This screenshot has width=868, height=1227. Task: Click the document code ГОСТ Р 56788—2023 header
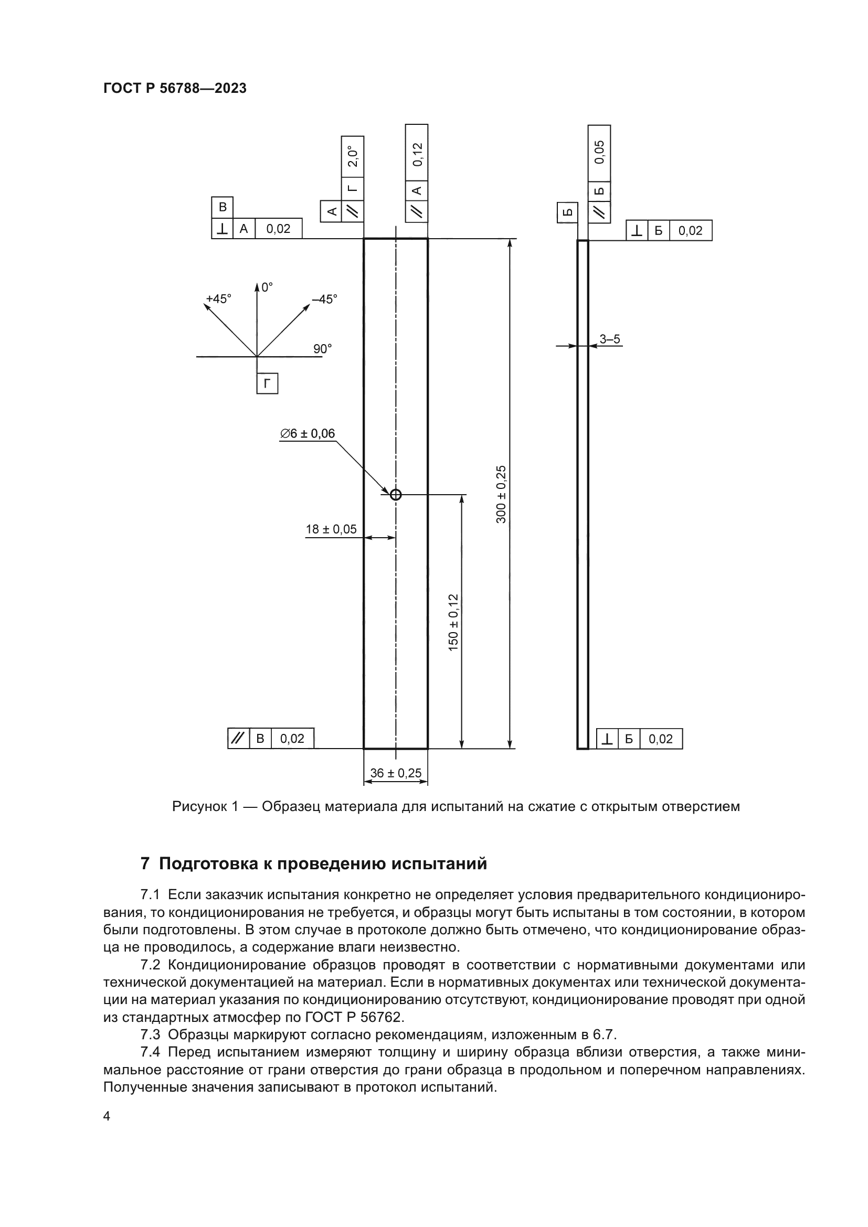pos(175,88)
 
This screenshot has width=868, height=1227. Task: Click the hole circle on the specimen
pos(396,495)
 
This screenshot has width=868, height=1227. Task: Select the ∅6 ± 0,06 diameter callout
pos(308,433)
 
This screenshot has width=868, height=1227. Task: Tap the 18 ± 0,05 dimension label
pos(331,529)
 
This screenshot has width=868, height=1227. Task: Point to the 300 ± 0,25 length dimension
pos(501,494)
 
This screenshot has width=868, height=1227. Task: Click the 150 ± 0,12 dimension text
pos(453,622)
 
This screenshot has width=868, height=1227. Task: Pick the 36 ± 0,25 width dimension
pos(396,773)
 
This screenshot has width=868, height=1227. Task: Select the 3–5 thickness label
pos(609,339)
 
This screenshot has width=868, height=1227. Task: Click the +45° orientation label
pos(219,298)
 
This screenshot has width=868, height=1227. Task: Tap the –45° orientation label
pos(325,298)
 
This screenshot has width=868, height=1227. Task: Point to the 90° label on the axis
pos(322,349)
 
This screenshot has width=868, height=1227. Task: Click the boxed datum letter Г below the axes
pos(267,383)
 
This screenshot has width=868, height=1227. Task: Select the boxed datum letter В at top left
pos(223,207)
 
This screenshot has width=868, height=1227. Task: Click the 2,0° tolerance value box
pos(352,156)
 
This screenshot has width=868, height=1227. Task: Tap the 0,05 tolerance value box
pos(599,152)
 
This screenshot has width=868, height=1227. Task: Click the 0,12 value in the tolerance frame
pos(417,154)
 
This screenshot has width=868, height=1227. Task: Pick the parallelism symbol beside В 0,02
pos(238,739)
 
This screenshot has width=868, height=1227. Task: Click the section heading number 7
pos(145,863)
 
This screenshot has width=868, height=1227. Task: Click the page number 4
pos(107,1116)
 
